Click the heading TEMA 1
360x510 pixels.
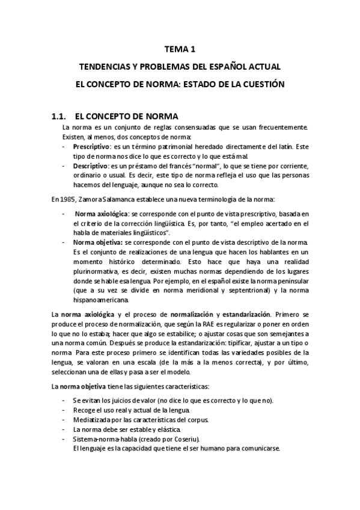coord(180,50)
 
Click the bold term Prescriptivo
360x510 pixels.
coord(91,147)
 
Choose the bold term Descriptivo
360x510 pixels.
coord(91,165)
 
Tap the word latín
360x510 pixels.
coord(285,147)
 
